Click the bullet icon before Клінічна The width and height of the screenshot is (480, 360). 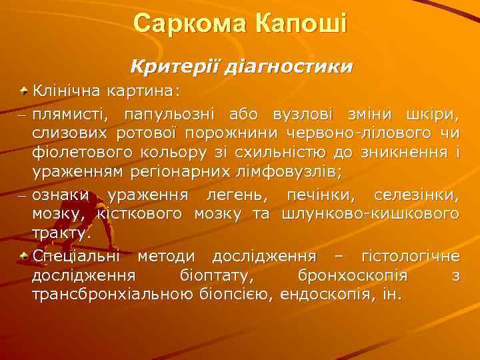(x=24, y=89)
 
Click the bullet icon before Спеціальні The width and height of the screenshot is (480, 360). (x=24, y=255)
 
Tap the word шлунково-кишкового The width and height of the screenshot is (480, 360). (x=371, y=214)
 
